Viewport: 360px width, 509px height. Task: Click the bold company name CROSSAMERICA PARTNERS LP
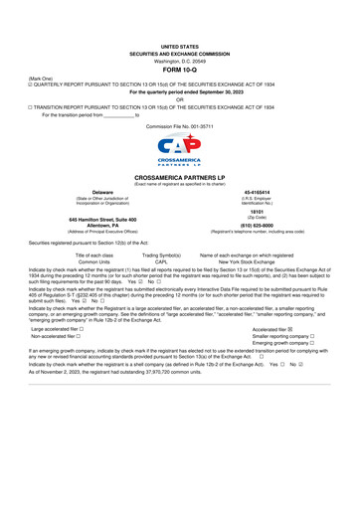tap(179, 174)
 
